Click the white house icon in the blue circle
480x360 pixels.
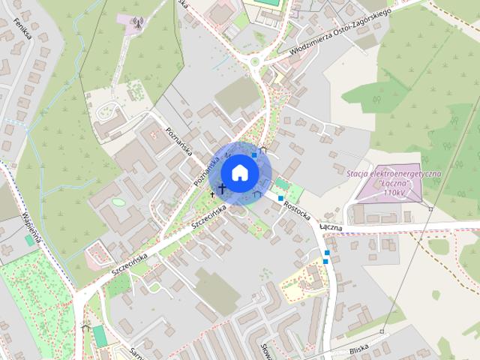pos(240,172)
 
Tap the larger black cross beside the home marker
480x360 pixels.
pos(222,188)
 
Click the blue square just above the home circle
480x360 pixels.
pos(255,154)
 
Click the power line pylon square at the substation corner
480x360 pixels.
pos(430,207)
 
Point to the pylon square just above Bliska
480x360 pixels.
pos(382,331)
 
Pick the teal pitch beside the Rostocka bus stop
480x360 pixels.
pos(283,184)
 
